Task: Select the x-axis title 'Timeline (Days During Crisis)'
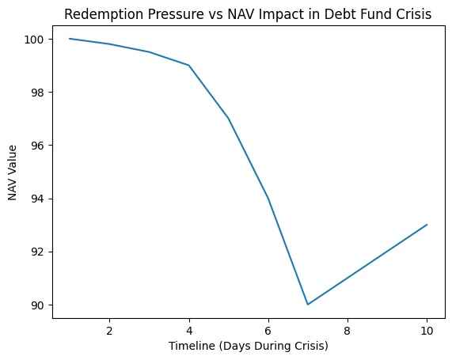point(249,347)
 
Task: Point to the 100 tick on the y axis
point(36,39)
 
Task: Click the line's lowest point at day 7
point(308,304)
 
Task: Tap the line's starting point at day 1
point(70,39)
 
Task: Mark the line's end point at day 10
point(427,225)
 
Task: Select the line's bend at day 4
point(189,65)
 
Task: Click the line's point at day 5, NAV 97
point(229,118)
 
